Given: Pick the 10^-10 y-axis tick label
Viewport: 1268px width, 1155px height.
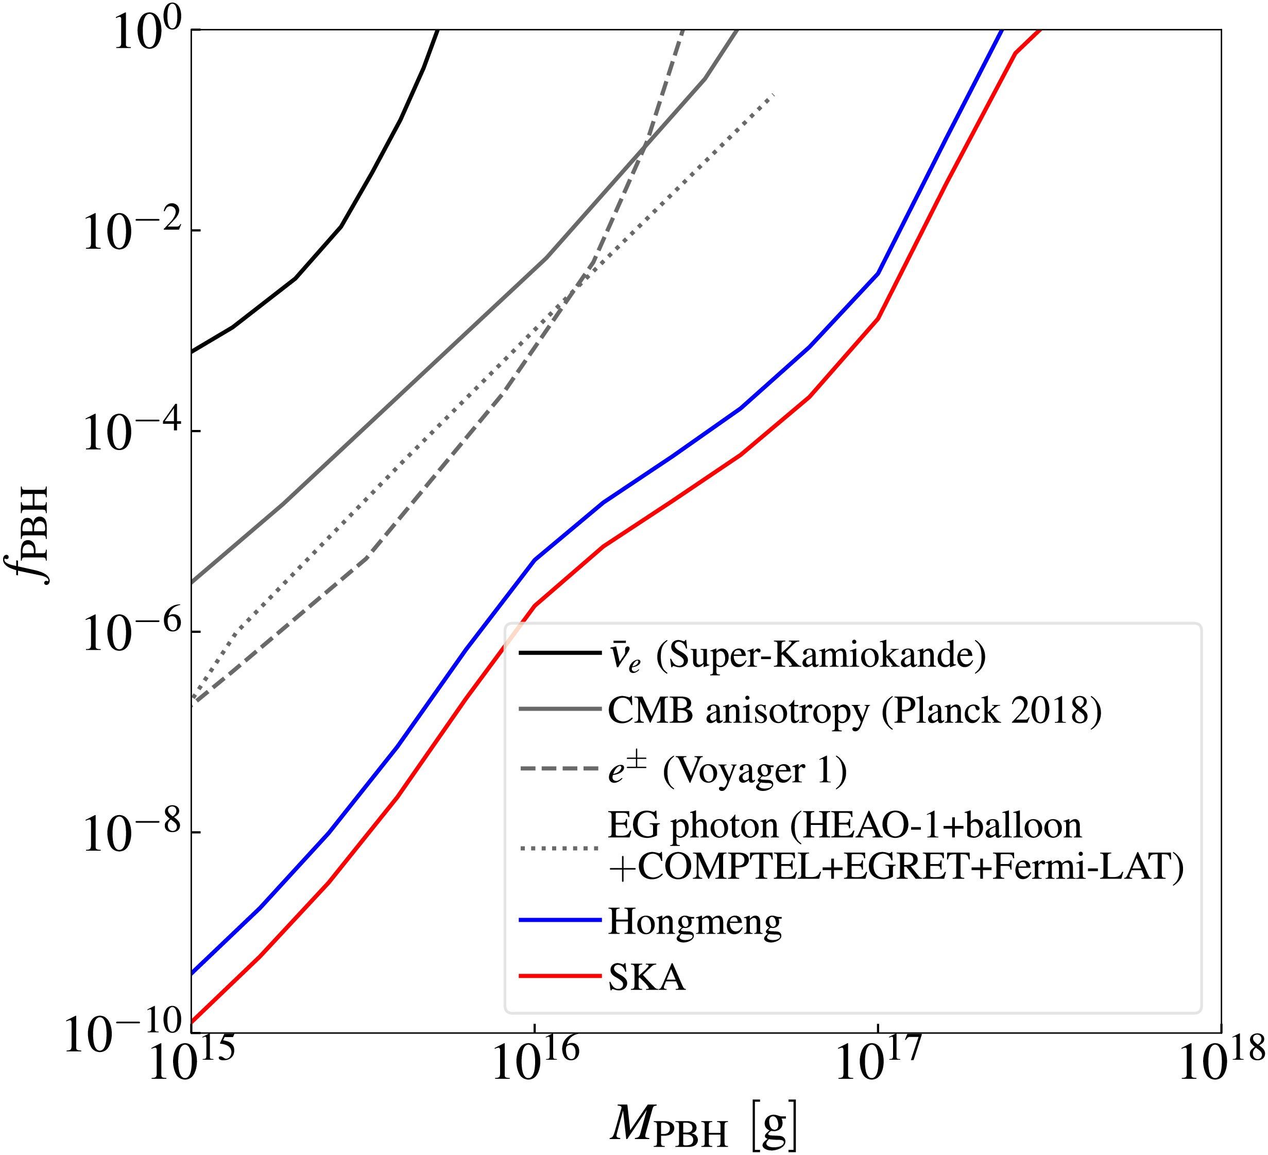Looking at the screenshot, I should tap(123, 1035).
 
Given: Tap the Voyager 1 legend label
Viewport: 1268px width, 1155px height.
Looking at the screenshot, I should tap(727, 771).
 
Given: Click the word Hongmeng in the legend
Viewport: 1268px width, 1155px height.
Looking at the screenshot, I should tap(695, 922).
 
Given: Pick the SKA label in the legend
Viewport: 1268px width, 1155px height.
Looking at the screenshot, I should tap(646, 978).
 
